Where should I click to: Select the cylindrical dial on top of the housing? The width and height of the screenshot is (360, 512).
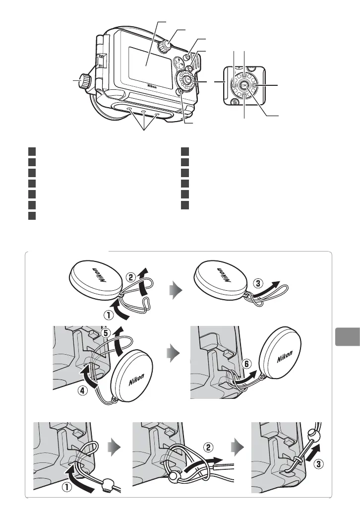164,46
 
